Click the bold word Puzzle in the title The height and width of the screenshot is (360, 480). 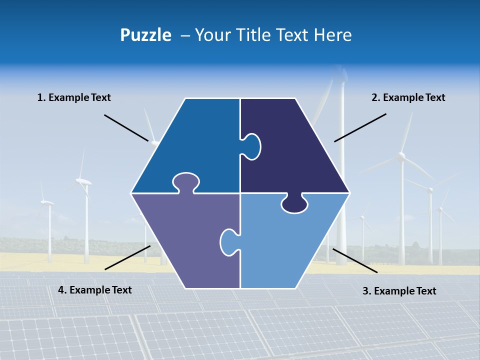pyautogui.click(x=145, y=35)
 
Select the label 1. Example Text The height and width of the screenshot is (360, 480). pyautogui.click(x=74, y=97)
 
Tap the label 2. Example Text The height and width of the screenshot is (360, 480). pyautogui.click(x=408, y=97)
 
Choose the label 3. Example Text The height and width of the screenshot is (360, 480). pyautogui.click(x=399, y=291)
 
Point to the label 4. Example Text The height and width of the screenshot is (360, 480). pyautogui.click(x=95, y=290)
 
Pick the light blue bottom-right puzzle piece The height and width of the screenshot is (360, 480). pyautogui.click(x=285, y=245)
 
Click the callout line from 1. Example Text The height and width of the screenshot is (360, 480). pyautogui.click(x=126, y=128)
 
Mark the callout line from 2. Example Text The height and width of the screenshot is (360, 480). pyautogui.click(x=360, y=127)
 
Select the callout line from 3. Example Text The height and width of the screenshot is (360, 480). pyautogui.click(x=355, y=260)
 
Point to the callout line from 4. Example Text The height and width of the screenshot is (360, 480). pyautogui.click(x=127, y=257)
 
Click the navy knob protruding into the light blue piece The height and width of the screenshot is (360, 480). pyautogui.click(x=294, y=204)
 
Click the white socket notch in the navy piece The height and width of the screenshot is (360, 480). pyautogui.click(x=251, y=146)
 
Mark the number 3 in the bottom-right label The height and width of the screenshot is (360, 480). pyautogui.click(x=365, y=291)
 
